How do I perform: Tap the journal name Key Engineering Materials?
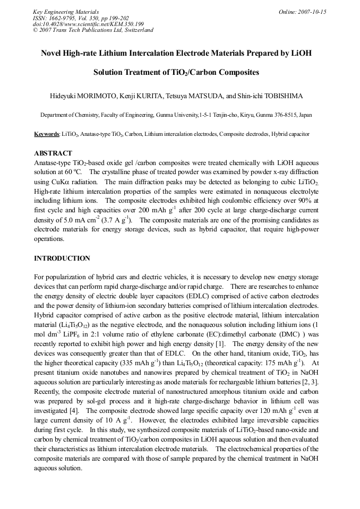tap(66, 12)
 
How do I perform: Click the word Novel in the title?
tap(52, 54)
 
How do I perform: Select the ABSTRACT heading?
tap(53, 153)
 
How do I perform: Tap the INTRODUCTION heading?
tap(62, 258)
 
